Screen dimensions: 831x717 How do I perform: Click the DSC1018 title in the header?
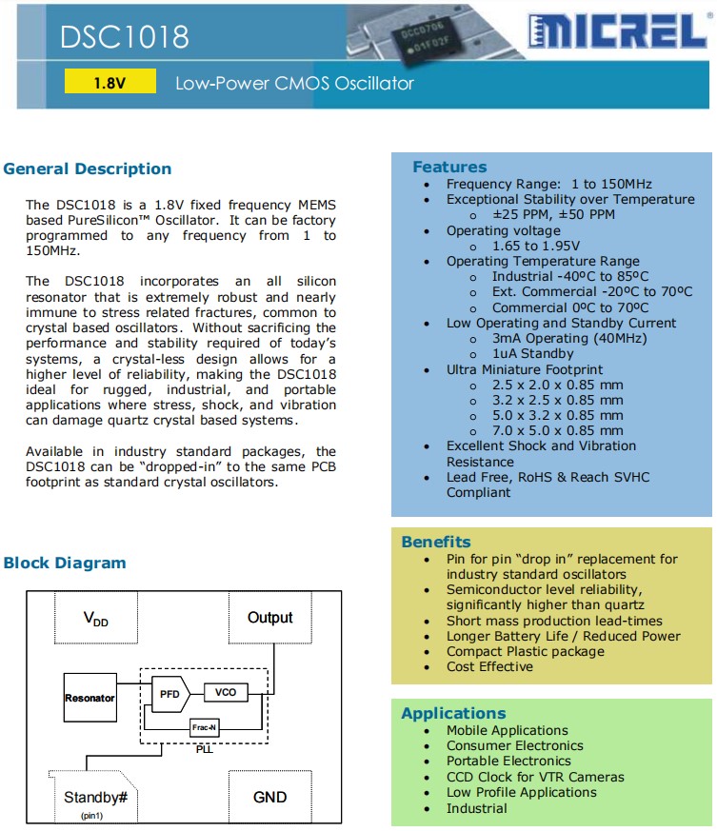click(x=125, y=36)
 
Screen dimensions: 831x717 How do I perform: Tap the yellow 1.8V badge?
click(x=110, y=83)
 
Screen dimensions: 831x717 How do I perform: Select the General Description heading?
click(x=88, y=169)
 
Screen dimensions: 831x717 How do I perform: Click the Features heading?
click(x=449, y=167)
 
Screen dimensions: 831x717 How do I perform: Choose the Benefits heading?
click(x=436, y=542)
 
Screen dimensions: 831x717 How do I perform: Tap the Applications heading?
click(x=453, y=713)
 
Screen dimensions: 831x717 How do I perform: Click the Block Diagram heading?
click(x=65, y=563)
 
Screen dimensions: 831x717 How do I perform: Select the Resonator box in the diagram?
click(x=90, y=698)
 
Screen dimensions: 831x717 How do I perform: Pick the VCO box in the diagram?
click(x=225, y=692)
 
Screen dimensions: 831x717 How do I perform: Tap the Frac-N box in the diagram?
click(x=203, y=727)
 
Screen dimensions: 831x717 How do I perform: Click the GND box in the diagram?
click(x=269, y=797)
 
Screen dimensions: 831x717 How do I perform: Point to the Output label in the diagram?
click(x=269, y=618)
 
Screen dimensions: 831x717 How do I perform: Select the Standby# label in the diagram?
click(x=95, y=797)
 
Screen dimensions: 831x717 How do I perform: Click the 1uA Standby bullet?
click(x=533, y=354)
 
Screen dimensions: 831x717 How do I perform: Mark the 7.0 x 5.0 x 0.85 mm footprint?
click(x=557, y=430)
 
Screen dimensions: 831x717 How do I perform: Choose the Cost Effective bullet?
click(x=489, y=667)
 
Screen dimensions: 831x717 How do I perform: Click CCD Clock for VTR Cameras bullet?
click(x=535, y=777)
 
